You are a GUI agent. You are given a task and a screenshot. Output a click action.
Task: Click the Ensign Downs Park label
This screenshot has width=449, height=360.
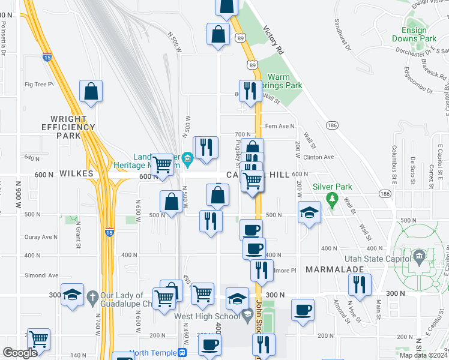click(x=414, y=34)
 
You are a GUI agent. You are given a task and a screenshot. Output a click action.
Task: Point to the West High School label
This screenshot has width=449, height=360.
click(x=207, y=315)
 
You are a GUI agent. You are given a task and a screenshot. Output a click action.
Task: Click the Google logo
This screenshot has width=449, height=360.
click(x=20, y=353)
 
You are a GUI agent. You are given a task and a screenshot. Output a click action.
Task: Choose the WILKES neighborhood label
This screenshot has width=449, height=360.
click(x=77, y=173)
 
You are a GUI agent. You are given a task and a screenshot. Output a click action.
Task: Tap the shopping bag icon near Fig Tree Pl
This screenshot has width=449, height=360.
click(x=91, y=92)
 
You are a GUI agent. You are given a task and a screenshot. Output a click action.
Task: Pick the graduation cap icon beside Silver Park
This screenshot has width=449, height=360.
click(x=309, y=212)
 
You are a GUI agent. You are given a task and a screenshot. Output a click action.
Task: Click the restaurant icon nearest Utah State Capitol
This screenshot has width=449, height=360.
click(x=360, y=284)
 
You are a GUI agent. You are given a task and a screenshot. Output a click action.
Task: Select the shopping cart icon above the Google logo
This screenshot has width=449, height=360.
click(x=38, y=339)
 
